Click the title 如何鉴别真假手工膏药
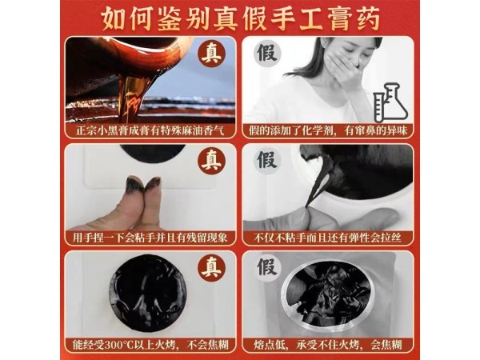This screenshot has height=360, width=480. pos(240,17)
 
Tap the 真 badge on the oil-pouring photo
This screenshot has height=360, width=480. pos(211,55)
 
